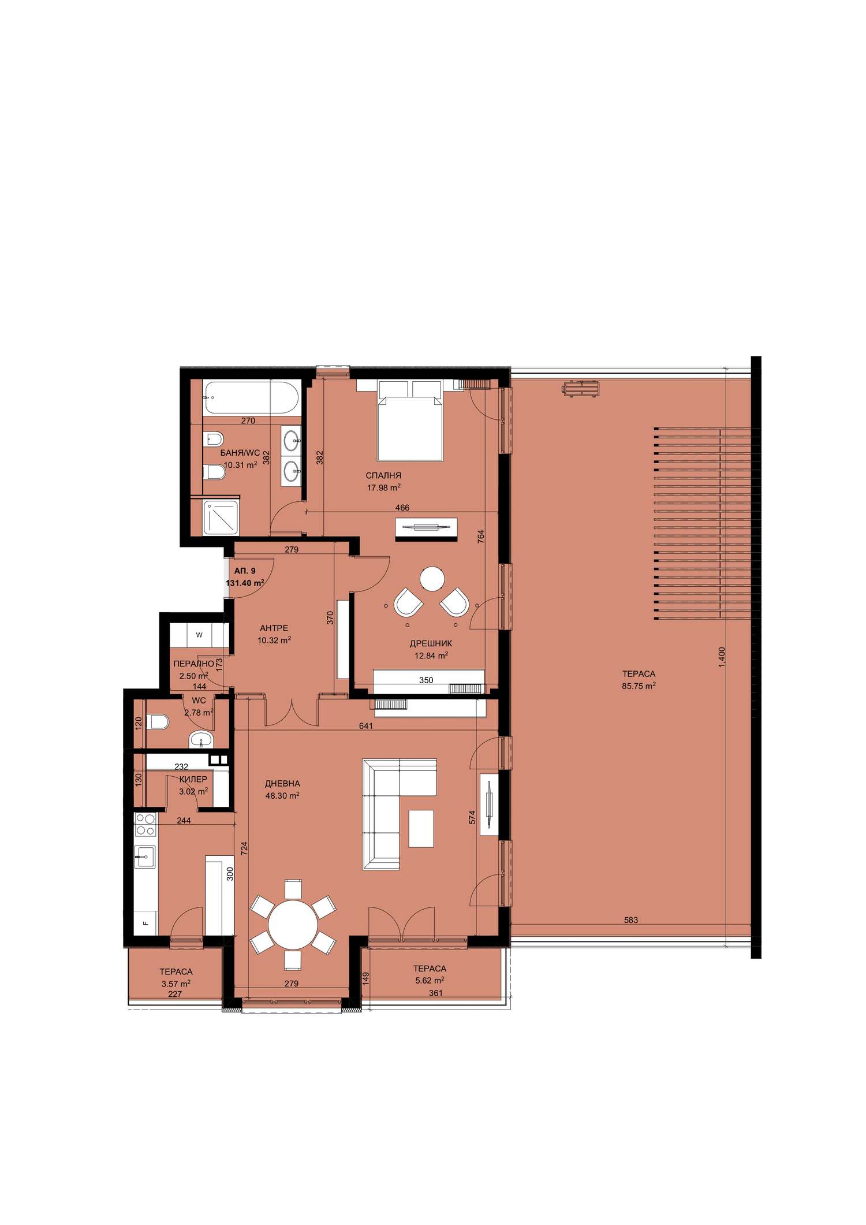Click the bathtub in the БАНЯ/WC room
point(251,397)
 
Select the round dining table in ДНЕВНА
point(293,925)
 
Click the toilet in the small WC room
point(158,722)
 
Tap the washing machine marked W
point(199,635)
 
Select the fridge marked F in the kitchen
point(145,923)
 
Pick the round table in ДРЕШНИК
point(432,579)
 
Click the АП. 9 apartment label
point(245,571)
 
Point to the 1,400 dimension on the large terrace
point(722,657)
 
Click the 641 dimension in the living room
point(365,726)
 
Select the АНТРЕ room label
point(274,628)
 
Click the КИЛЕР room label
point(193,779)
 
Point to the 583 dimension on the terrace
point(631,920)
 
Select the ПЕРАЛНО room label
point(194,664)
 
